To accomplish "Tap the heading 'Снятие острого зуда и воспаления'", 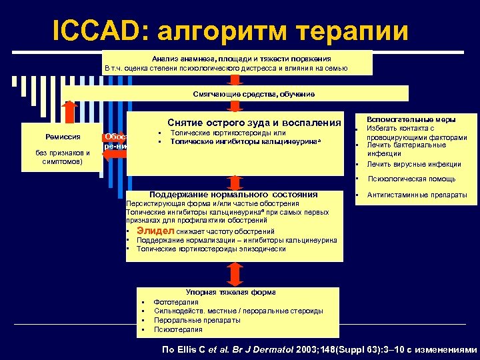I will pyautogui.click(x=254, y=123).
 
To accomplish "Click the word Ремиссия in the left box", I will pyautogui.click(x=63, y=137).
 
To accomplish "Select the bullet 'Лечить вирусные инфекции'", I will pyautogui.click(x=414, y=164).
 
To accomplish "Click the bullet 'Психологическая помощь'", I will pyautogui.click(x=412, y=179).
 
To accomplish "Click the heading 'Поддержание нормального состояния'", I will pyautogui.click(x=233, y=194).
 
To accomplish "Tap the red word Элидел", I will pyautogui.click(x=155, y=231).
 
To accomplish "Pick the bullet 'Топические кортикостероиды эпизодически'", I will pyautogui.click(x=211, y=249).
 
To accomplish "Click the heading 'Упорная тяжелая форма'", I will pyautogui.click(x=230, y=292).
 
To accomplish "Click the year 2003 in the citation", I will pyautogui.click(x=308, y=349).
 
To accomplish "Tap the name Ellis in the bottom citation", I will pyautogui.click(x=189, y=349).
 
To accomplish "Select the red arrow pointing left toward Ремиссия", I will pyautogui.click(x=114, y=153).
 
